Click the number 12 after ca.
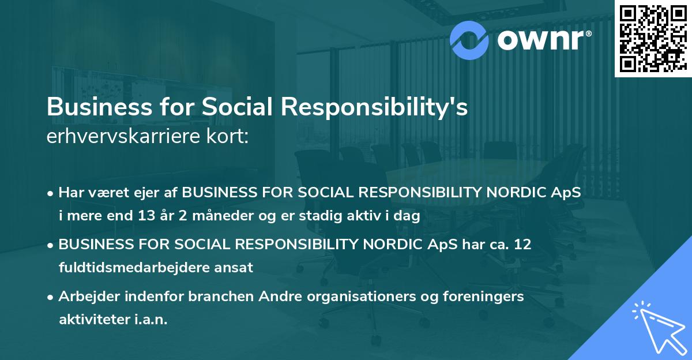523,245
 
